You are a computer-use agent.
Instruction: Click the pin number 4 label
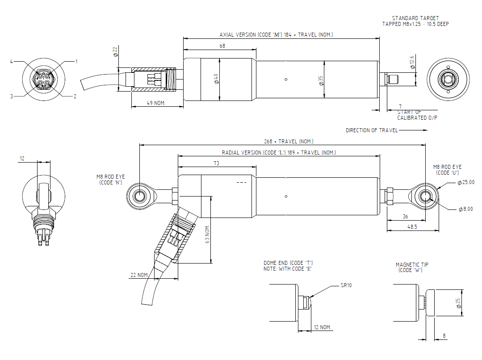coord(11,62)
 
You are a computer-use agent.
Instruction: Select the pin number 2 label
coord(75,96)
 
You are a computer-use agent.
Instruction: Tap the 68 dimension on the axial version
coord(222,46)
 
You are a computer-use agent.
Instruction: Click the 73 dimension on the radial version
coord(216,163)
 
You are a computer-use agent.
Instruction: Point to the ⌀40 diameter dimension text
coord(216,79)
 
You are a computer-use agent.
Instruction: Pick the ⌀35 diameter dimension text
coord(321,81)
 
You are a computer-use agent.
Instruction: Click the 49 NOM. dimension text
coord(156,103)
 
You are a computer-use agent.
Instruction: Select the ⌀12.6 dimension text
coord(412,62)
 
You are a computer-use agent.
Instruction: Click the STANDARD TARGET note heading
coord(415,18)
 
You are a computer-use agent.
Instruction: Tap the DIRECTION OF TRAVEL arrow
coord(413,130)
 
